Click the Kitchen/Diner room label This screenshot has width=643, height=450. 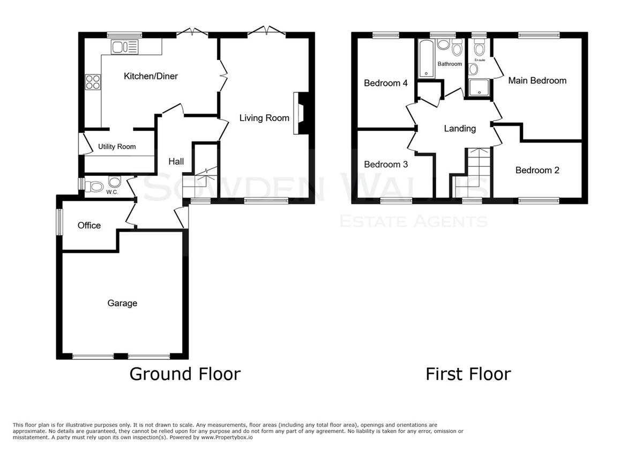click(x=151, y=76)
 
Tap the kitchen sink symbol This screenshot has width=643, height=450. click(x=124, y=47)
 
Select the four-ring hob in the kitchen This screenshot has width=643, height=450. click(x=93, y=82)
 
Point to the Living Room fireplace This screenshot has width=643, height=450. click(x=301, y=113)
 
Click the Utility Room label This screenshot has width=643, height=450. click(x=117, y=146)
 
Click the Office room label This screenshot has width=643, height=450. click(x=89, y=225)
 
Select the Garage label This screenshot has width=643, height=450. click(x=122, y=303)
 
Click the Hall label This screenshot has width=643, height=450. click(x=176, y=161)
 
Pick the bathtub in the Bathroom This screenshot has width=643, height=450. click(x=427, y=58)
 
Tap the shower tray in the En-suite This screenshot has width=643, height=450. click(x=479, y=87)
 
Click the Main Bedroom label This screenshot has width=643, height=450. click(x=537, y=80)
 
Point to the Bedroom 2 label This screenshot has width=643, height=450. click(x=537, y=170)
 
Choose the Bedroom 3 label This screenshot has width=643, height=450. click(x=386, y=164)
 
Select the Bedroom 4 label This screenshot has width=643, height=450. click(x=386, y=83)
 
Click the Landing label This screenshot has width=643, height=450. click(x=460, y=128)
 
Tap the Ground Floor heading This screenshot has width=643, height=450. click(x=185, y=374)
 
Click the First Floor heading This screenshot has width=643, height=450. click(x=468, y=374)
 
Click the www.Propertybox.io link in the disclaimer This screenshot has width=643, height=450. click(x=227, y=438)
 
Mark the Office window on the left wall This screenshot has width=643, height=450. click(x=59, y=222)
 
